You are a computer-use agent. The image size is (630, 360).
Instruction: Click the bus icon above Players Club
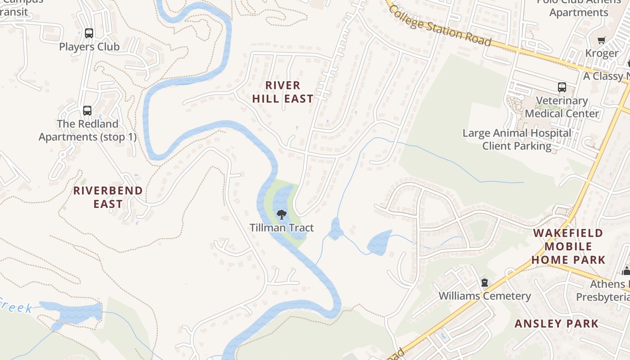click(89, 33)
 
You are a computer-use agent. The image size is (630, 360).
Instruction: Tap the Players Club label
click(89, 47)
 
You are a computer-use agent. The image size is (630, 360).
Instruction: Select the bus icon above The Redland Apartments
click(87, 110)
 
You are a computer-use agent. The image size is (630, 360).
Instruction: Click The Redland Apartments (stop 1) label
click(87, 130)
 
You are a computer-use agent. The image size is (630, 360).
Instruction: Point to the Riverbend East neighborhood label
click(108, 197)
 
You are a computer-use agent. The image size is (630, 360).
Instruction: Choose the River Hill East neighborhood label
click(283, 92)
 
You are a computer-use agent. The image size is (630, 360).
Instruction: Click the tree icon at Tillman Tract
click(282, 214)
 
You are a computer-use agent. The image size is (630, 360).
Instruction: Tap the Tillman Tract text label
click(282, 228)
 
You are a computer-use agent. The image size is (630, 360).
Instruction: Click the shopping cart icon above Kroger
click(602, 40)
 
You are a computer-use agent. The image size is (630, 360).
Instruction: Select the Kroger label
click(602, 54)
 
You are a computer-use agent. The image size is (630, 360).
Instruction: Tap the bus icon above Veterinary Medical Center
click(562, 87)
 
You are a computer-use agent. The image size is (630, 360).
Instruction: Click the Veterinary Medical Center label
click(562, 107)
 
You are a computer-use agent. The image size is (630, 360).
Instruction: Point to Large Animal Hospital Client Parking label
click(517, 139)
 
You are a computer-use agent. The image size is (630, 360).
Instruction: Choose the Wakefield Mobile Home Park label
click(568, 246)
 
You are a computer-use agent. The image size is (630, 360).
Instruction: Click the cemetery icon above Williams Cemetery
click(485, 283)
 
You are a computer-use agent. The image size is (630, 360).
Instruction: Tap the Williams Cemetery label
click(485, 296)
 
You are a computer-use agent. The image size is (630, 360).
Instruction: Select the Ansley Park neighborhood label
click(556, 324)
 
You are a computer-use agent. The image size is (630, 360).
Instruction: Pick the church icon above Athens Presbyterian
click(626, 271)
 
